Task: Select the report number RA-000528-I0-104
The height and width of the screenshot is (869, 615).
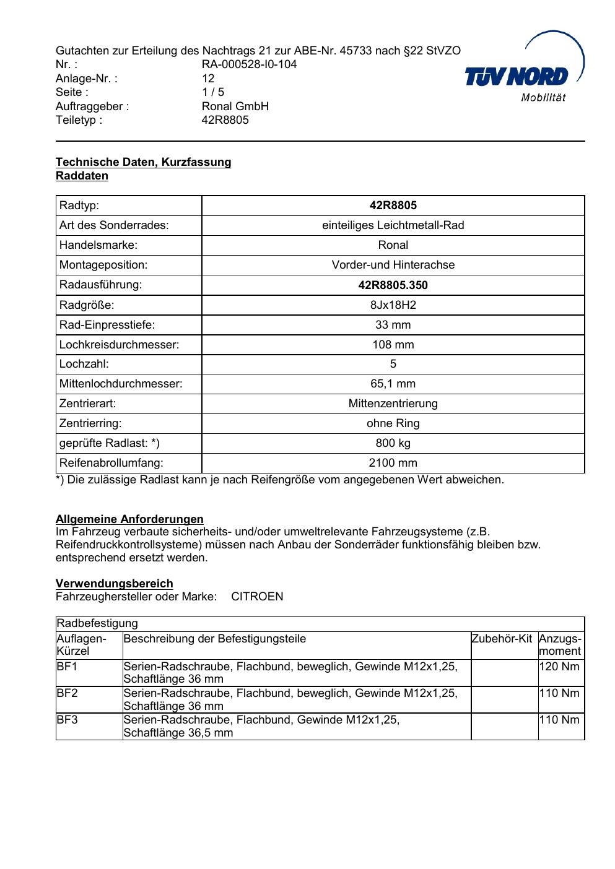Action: click(249, 64)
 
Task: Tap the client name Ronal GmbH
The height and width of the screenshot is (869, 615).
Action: click(235, 106)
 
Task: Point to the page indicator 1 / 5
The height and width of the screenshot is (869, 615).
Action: click(213, 92)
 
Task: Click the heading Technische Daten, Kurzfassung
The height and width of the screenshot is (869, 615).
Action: click(143, 162)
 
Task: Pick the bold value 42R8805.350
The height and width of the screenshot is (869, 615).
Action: click(393, 285)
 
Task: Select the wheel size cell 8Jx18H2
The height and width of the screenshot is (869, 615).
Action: click(393, 305)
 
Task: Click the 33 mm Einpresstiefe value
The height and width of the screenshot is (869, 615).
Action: click(393, 325)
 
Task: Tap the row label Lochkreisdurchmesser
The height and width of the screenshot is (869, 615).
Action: click(119, 345)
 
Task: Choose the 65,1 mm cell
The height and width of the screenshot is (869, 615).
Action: click(393, 384)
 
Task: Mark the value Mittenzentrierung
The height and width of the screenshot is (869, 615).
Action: click(393, 404)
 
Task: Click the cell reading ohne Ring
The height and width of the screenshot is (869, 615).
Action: click(393, 423)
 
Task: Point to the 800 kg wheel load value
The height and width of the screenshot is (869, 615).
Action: click(393, 443)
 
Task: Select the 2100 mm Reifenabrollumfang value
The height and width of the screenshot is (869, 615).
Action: click(393, 463)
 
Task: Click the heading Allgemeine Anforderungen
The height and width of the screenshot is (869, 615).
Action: click(129, 519)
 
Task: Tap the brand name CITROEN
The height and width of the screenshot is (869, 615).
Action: click(257, 597)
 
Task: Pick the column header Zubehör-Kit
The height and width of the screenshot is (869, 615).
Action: click(502, 639)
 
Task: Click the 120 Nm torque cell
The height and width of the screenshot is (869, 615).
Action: click(559, 667)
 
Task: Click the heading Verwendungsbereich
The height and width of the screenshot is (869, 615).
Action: click(115, 584)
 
